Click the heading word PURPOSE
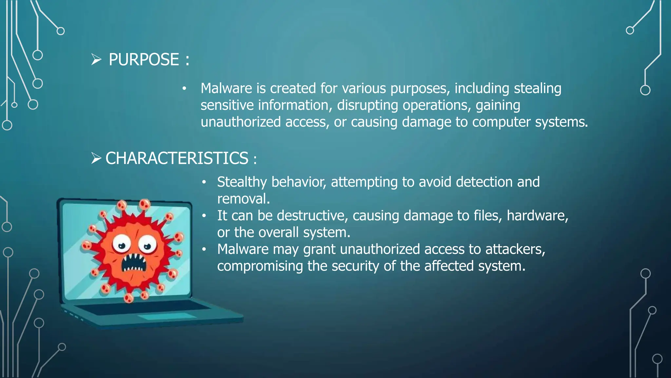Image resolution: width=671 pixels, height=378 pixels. coord(144,60)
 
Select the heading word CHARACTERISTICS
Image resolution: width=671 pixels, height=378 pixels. coord(177,158)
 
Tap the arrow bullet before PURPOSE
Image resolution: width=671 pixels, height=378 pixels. coord(96,60)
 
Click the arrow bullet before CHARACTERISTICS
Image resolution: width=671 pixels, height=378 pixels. coord(96,158)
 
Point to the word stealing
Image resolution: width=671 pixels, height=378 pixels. coord(537,89)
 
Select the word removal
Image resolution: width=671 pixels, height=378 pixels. coord(243,199)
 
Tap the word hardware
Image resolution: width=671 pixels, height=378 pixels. coord(537,216)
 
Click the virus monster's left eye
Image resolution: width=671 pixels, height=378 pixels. coord(122,244)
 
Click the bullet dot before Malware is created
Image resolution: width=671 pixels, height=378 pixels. coord(184,89)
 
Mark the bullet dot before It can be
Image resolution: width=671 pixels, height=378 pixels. coord(204,216)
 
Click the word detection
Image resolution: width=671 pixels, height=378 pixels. coord(484,182)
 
